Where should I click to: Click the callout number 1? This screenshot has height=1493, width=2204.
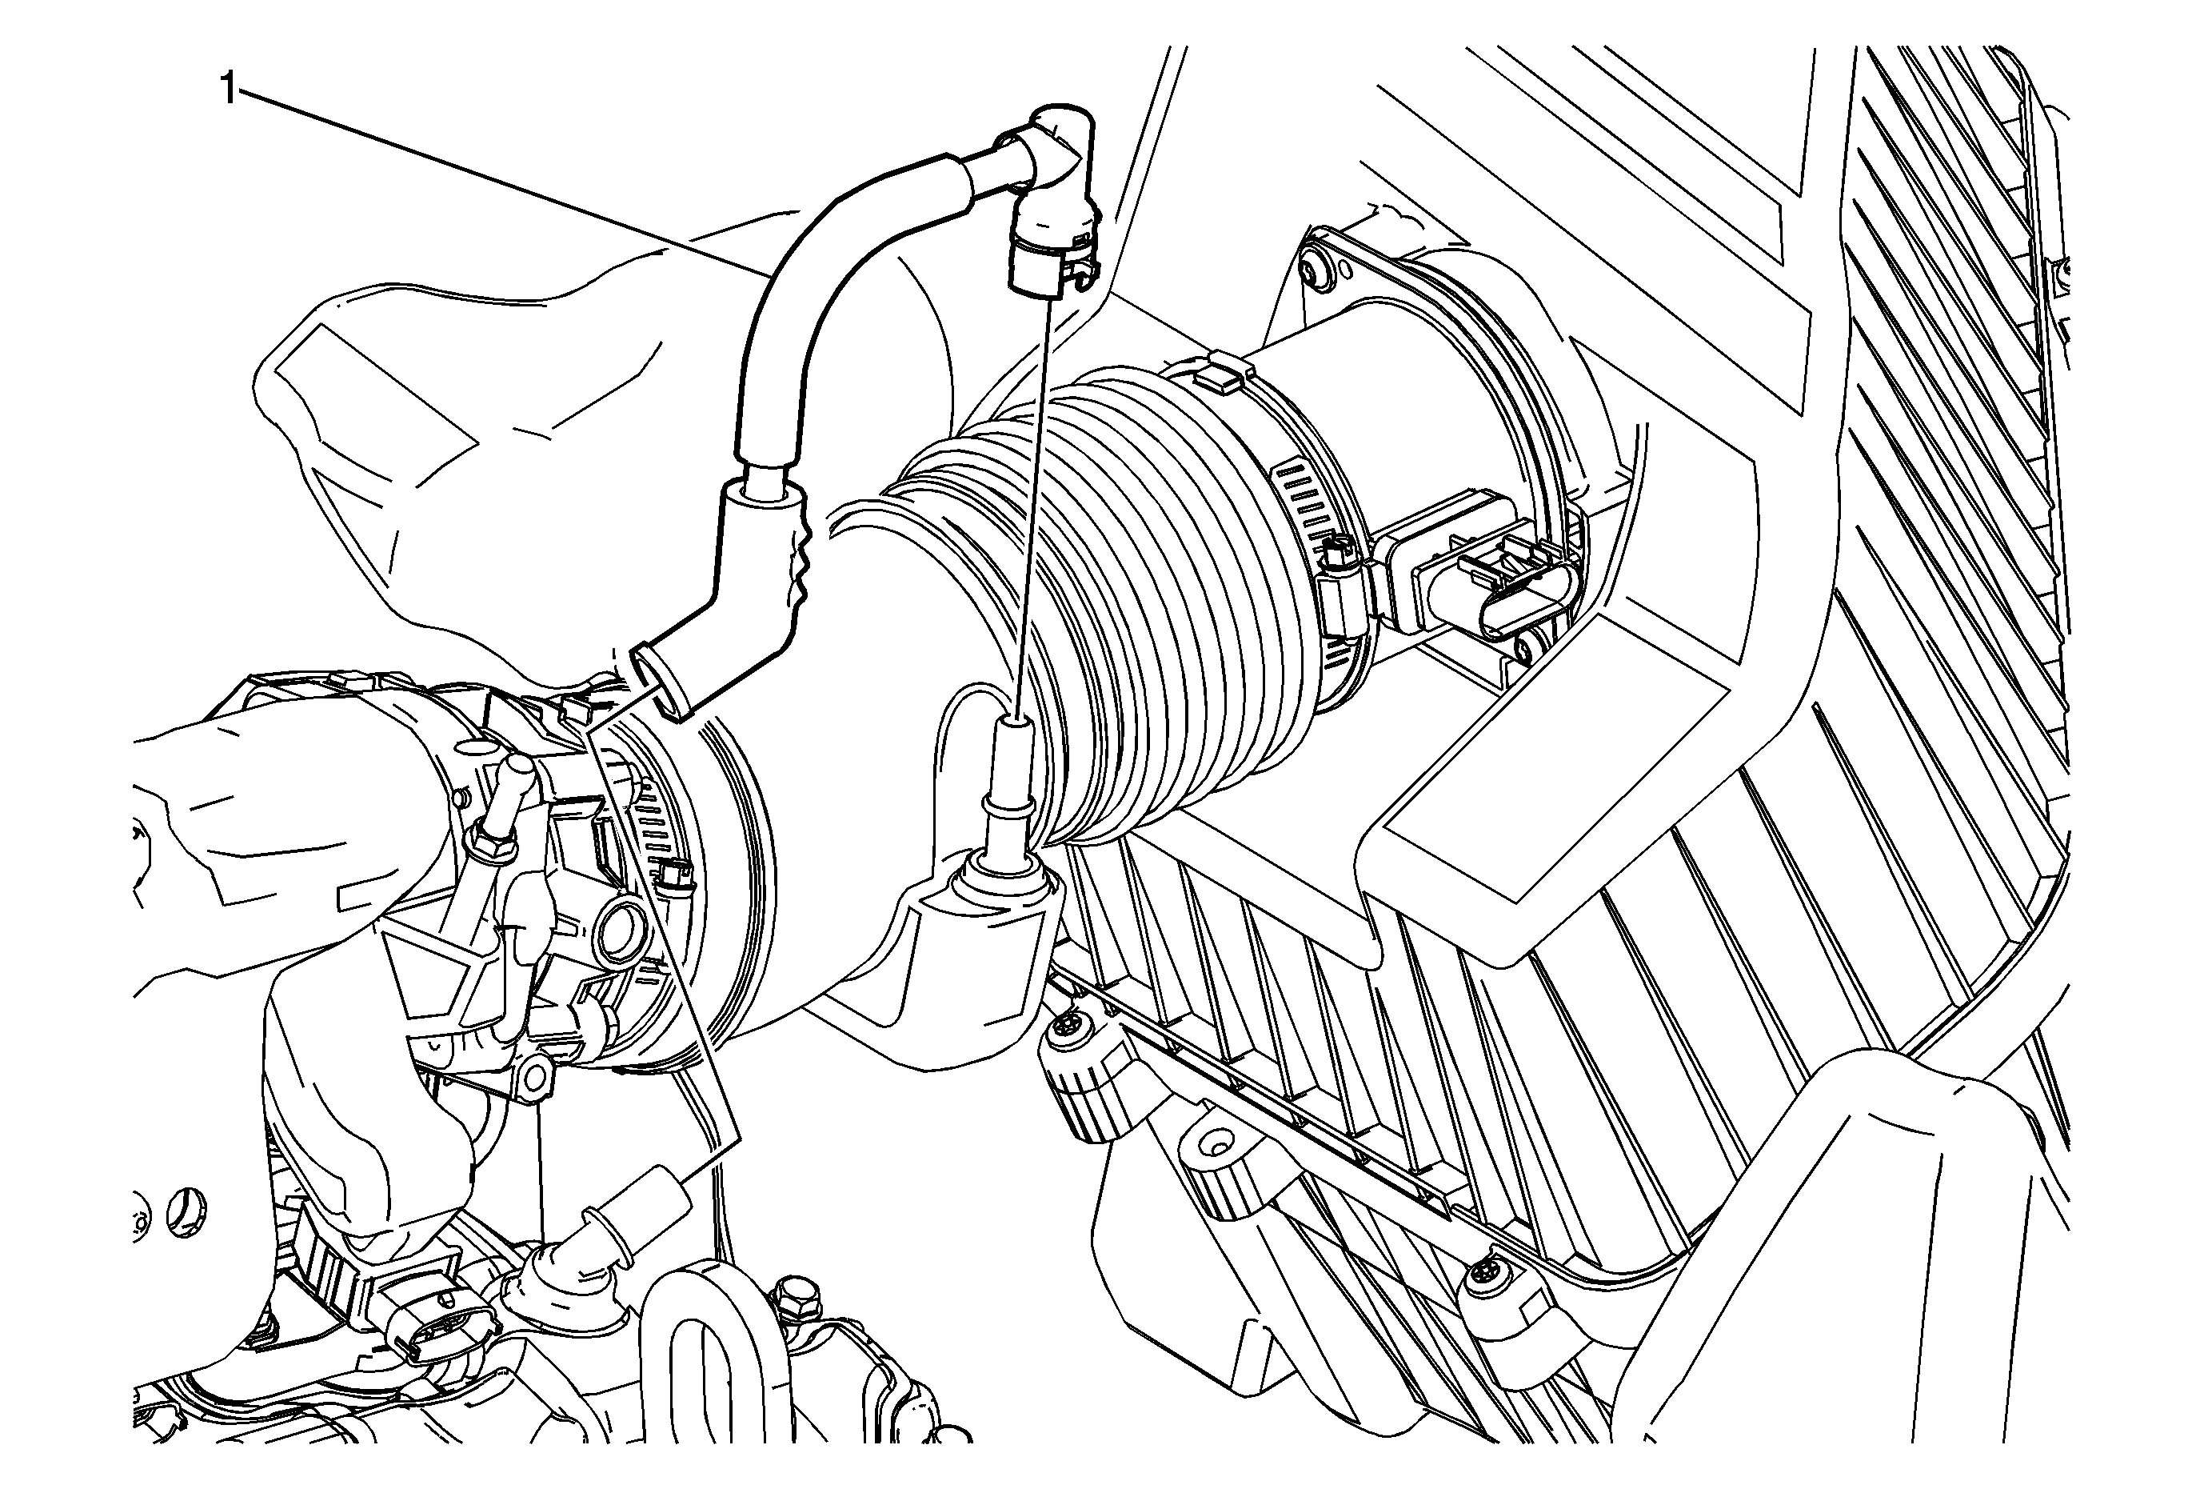coord(229,91)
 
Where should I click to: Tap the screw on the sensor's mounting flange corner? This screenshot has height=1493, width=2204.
coord(1317,271)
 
